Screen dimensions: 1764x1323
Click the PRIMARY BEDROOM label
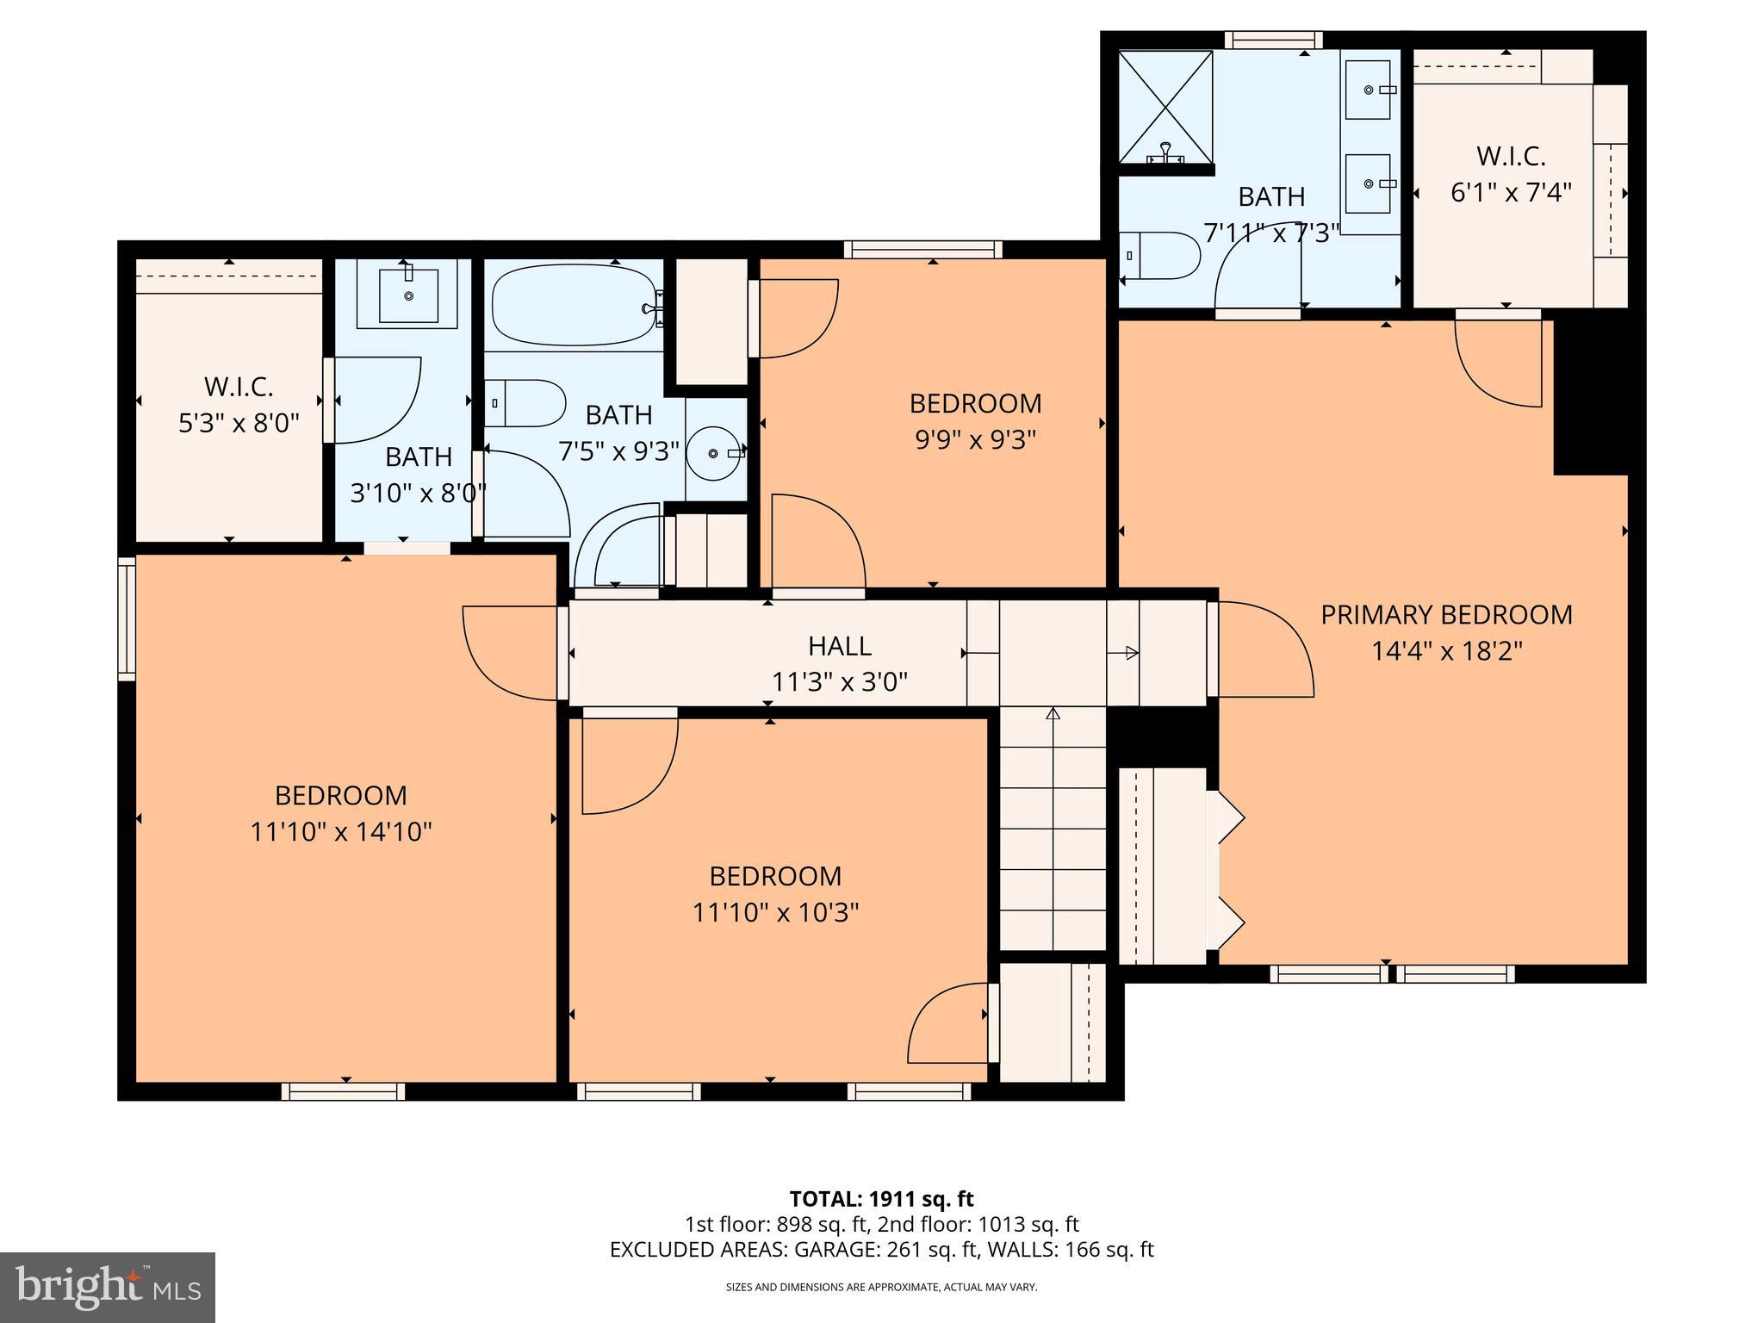(1446, 615)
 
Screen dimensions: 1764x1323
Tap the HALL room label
(839, 646)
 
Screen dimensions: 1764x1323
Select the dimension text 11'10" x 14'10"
(341, 832)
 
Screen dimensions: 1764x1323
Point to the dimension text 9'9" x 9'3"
(975, 440)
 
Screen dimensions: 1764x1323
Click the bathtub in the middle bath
(574, 304)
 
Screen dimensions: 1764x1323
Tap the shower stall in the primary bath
(1165, 107)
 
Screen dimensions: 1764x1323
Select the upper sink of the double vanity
(1369, 90)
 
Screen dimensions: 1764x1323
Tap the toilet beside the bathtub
(525, 402)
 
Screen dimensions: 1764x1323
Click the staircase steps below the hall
(1053, 828)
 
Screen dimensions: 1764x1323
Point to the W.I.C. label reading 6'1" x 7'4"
(1511, 174)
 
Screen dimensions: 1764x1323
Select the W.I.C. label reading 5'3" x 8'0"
(239, 405)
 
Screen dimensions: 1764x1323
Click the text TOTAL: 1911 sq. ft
(881, 1199)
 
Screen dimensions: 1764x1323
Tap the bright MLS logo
(108, 1287)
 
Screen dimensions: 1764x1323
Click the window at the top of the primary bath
(1274, 40)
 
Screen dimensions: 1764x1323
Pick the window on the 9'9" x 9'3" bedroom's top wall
(923, 249)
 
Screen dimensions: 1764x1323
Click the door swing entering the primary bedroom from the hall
(1264, 649)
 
